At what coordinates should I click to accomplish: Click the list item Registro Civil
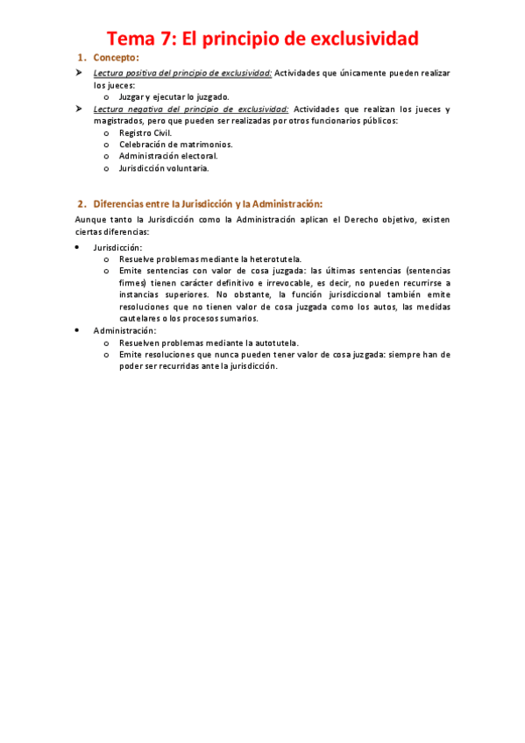point(145,132)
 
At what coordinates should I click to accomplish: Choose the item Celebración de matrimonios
point(176,144)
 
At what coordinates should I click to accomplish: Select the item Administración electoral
point(168,156)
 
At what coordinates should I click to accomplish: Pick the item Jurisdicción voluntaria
point(164,167)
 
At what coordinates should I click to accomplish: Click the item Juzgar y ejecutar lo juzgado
point(174,97)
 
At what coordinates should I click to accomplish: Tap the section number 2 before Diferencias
point(81,203)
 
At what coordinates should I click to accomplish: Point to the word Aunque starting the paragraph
point(90,220)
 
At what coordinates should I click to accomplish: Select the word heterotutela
point(266,259)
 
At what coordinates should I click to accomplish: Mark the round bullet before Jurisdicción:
point(79,248)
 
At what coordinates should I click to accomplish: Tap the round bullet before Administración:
point(79,331)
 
